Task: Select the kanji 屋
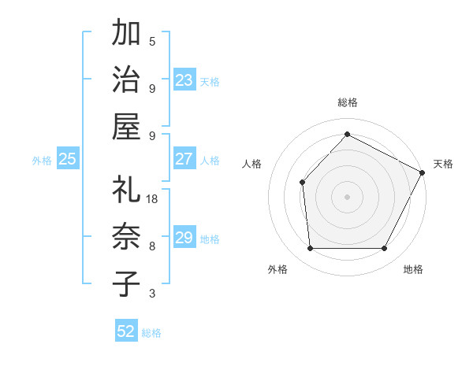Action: coord(126,127)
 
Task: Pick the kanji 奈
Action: coord(126,236)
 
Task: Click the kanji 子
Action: coord(126,283)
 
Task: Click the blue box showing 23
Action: coord(184,80)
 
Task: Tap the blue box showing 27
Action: coord(184,159)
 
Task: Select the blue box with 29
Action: coord(184,239)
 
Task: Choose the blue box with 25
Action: coord(67,159)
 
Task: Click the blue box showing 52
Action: coord(126,331)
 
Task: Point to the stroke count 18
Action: coord(153,199)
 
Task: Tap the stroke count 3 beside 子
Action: coord(152,294)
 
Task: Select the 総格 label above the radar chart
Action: coord(347,102)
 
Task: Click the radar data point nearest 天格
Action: coord(422,172)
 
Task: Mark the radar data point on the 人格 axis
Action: coord(303,183)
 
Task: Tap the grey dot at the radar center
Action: coord(347,196)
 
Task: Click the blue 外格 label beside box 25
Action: coord(42,161)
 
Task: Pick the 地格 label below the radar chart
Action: coord(413,270)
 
